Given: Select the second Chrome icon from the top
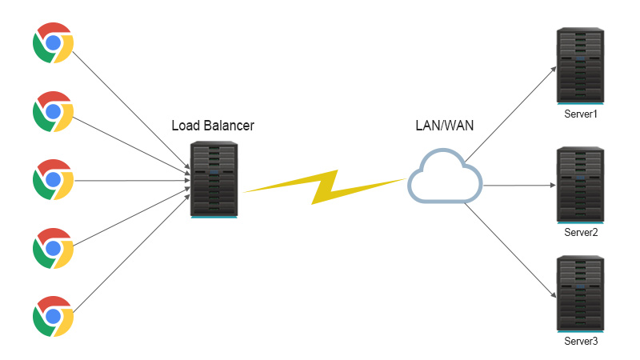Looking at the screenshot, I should tap(53, 111).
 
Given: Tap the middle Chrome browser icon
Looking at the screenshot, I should tap(53, 180).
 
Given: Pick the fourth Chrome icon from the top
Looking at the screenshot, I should tap(53, 248).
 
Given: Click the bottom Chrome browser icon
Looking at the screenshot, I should tap(53, 317).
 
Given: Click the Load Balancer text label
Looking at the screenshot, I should tap(213, 126).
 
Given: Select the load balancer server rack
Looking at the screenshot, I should tap(214, 179).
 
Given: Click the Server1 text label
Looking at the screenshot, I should tap(582, 115).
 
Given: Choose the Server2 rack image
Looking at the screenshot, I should tap(582, 183).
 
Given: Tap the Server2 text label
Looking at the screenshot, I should tap(582, 233).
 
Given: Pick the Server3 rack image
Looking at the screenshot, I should tap(582, 293).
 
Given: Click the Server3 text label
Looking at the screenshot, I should tap(582, 342).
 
